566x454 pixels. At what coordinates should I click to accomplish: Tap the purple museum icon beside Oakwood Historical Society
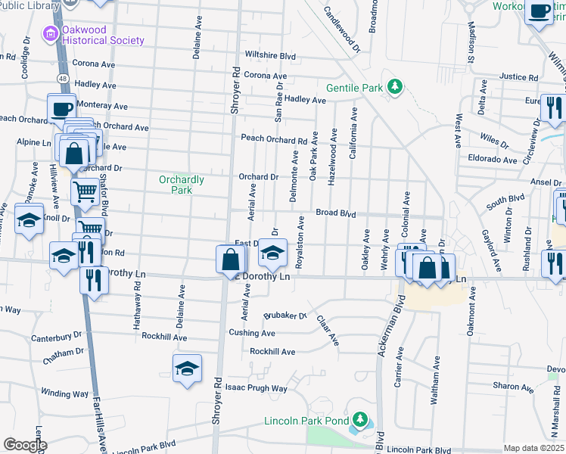pyautogui.click(x=51, y=34)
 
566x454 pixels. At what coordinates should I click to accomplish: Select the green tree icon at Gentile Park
pyautogui.click(x=393, y=88)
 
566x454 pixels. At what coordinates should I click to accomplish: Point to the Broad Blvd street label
pyautogui.click(x=335, y=214)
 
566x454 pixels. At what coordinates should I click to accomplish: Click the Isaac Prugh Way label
pyautogui.click(x=257, y=388)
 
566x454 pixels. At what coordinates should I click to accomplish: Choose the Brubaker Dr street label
pyautogui.click(x=285, y=316)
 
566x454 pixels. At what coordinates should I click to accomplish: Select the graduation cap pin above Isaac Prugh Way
pyautogui.click(x=187, y=368)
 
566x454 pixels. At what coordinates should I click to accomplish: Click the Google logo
pyautogui.click(x=25, y=445)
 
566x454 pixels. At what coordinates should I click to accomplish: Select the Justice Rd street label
pyautogui.click(x=518, y=77)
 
